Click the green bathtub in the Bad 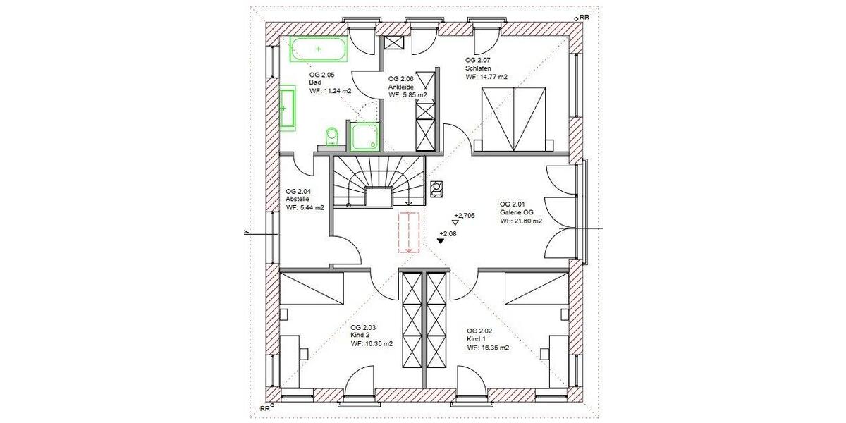pyautogui.click(x=319, y=49)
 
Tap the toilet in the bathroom pyautogui.click(x=331, y=135)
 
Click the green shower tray pyautogui.click(x=364, y=136)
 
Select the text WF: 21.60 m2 pyautogui.click(x=521, y=221)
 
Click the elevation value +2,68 pyautogui.click(x=448, y=233)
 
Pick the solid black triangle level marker pyautogui.click(x=440, y=240)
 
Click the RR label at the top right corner pyautogui.click(x=583, y=16)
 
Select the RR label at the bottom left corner pyautogui.click(x=265, y=408)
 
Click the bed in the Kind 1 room pyautogui.click(x=535, y=290)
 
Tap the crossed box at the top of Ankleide pyautogui.click(x=393, y=42)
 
